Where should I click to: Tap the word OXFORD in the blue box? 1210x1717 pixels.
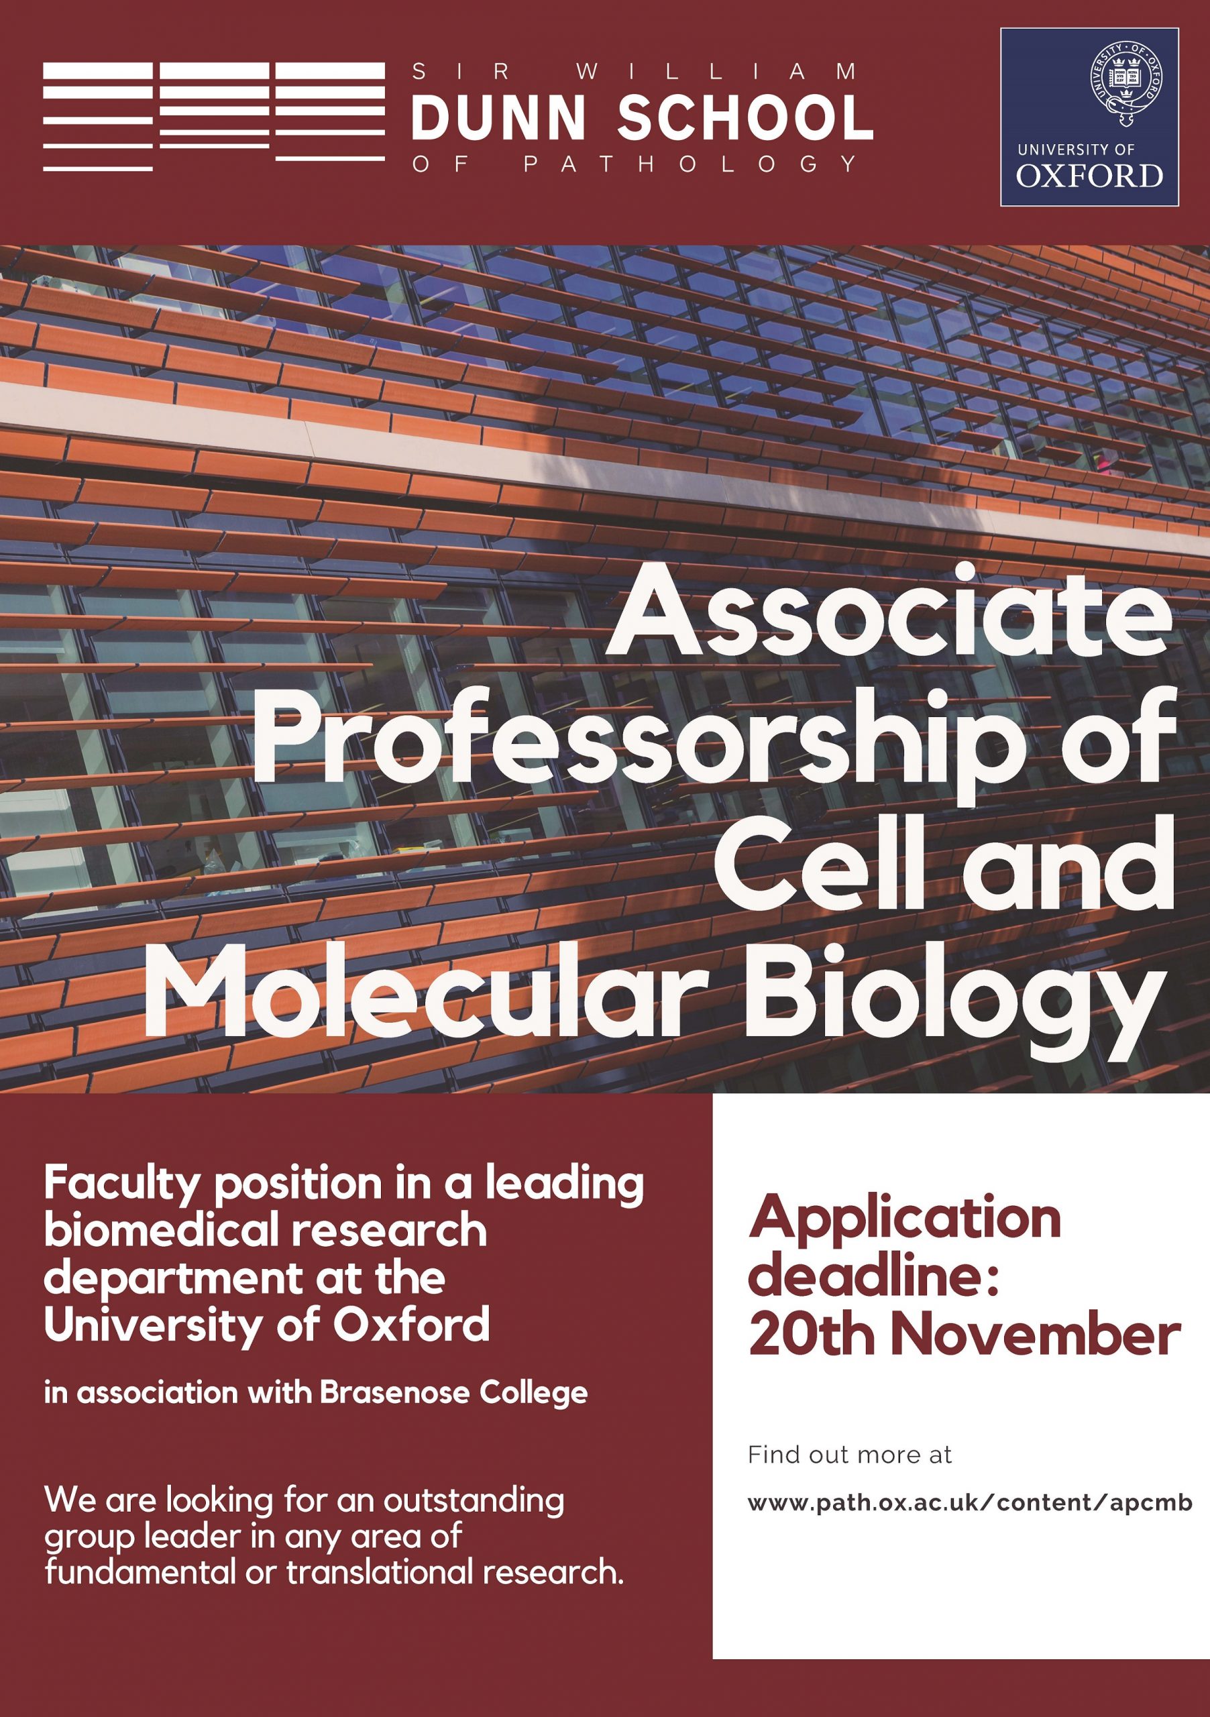[1089, 176]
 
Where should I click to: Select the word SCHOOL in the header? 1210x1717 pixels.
[746, 119]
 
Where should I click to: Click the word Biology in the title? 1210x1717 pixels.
[952, 999]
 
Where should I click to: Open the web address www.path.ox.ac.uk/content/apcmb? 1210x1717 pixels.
[969, 1503]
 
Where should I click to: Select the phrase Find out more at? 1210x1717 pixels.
[850, 1455]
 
